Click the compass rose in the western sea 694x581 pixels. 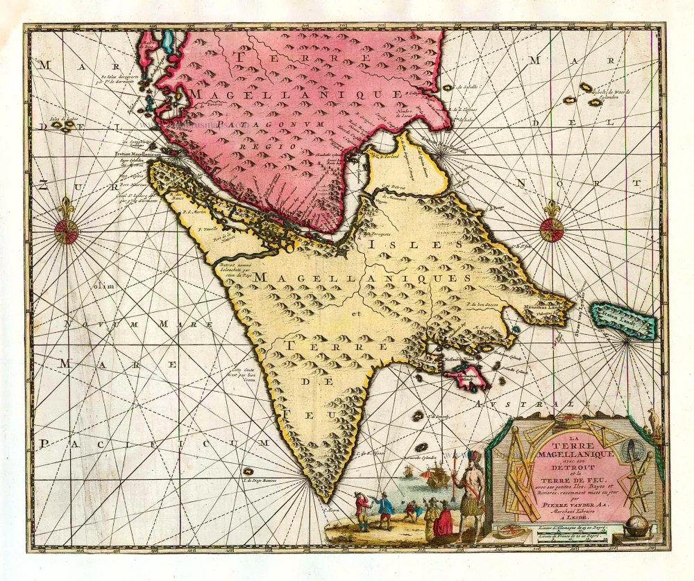coord(67,232)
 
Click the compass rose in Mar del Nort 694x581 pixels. coord(552,230)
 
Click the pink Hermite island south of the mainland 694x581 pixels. coord(466,379)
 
